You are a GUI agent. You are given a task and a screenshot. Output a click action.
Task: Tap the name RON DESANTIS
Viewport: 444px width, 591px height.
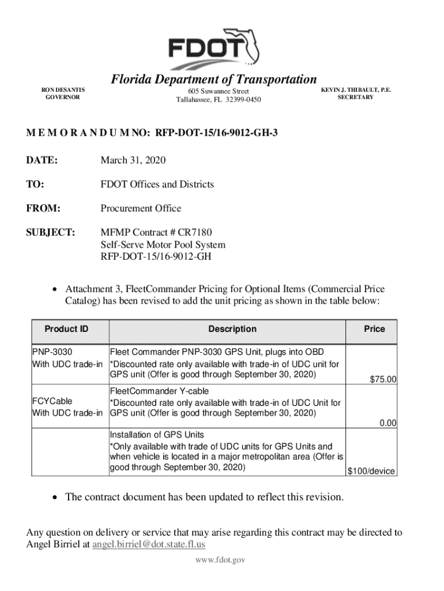pyautogui.click(x=63, y=90)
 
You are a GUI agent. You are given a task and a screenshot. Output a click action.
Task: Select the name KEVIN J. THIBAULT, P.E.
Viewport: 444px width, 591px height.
pyautogui.click(x=356, y=90)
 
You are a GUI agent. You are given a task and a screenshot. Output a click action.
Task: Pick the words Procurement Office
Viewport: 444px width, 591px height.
pyautogui.click(x=141, y=208)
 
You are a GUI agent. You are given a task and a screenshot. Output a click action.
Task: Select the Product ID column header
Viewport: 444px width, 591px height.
pyautogui.click(x=67, y=329)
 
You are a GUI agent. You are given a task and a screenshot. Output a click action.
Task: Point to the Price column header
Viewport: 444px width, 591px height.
pyautogui.click(x=374, y=329)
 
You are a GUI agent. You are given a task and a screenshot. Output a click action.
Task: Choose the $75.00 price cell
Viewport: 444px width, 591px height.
pyautogui.click(x=382, y=379)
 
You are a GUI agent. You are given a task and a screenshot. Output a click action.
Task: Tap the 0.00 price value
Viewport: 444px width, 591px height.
pyautogui.click(x=387, y=423)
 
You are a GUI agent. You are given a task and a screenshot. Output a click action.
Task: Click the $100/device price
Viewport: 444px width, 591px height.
pyautogui.click(x=371, y=471)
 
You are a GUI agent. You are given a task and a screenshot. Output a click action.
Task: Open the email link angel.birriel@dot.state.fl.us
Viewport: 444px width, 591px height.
pyautogui.click(x=149, y=544)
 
